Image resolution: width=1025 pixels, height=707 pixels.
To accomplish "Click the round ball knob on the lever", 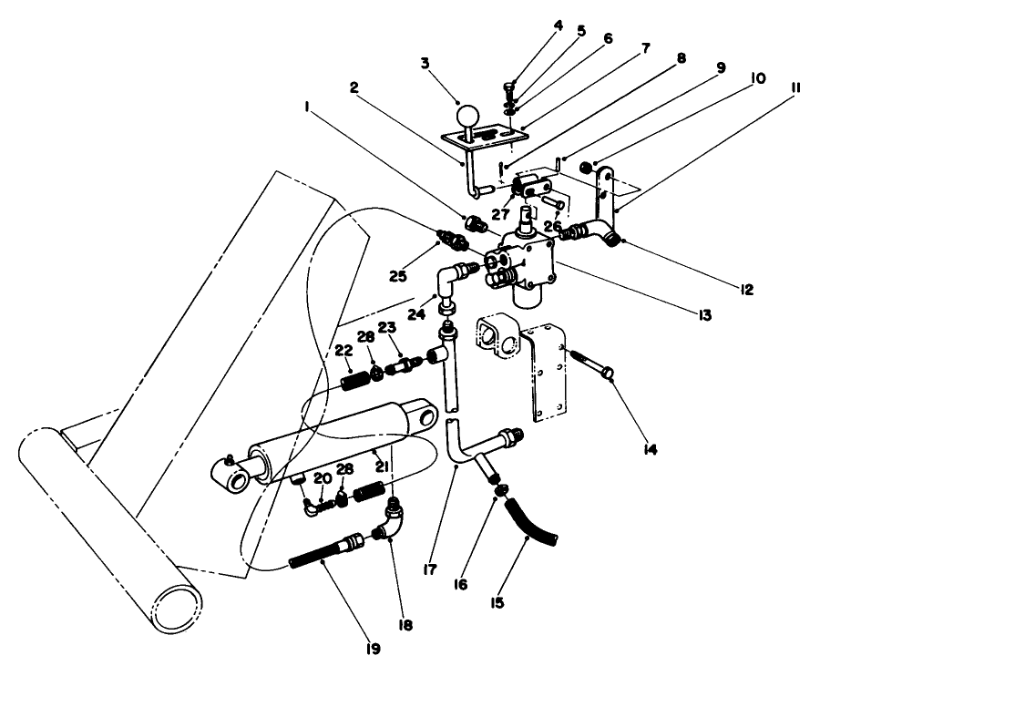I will [x=467, y=116].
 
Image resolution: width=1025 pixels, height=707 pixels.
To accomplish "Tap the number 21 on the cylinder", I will [x=383, y=466].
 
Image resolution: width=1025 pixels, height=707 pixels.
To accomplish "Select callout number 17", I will [x=430, y=569].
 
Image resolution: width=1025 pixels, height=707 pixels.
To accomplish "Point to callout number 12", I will [x=746, y=290].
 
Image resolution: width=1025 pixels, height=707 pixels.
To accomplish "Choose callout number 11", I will [x=795, y=87].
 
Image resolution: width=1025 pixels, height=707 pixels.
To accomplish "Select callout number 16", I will [x=460, y=584].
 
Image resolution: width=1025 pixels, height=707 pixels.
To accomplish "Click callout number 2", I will [x=354, y=87].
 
